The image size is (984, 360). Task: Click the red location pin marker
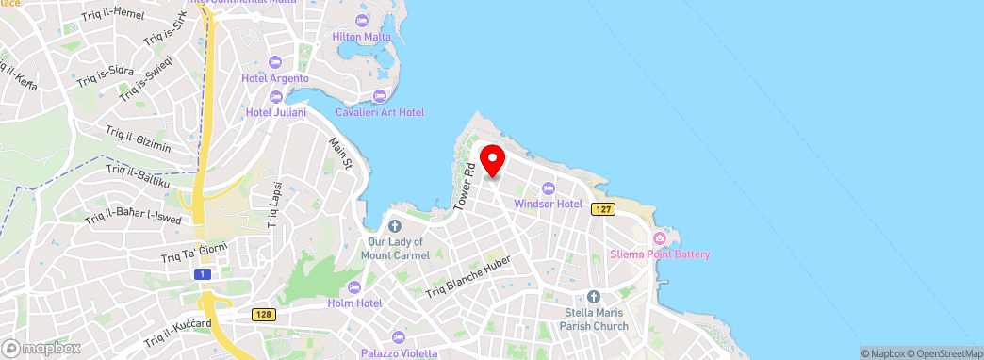pos(492,160)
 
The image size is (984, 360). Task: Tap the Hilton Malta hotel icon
pos(362,20)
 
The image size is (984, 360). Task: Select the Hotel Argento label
pos(274,78)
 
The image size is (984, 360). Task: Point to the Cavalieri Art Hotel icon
pos(379,96)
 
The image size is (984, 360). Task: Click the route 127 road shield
pos(603,208)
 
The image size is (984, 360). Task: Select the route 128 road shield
pos(263,314)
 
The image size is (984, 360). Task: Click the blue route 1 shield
pos(201,273)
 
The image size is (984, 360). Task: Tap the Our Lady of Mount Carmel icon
pos(395,226)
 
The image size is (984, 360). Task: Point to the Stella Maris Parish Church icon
pos(594,296)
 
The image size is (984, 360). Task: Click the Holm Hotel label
pos(353,303)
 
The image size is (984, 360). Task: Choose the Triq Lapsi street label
pos(275,204)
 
